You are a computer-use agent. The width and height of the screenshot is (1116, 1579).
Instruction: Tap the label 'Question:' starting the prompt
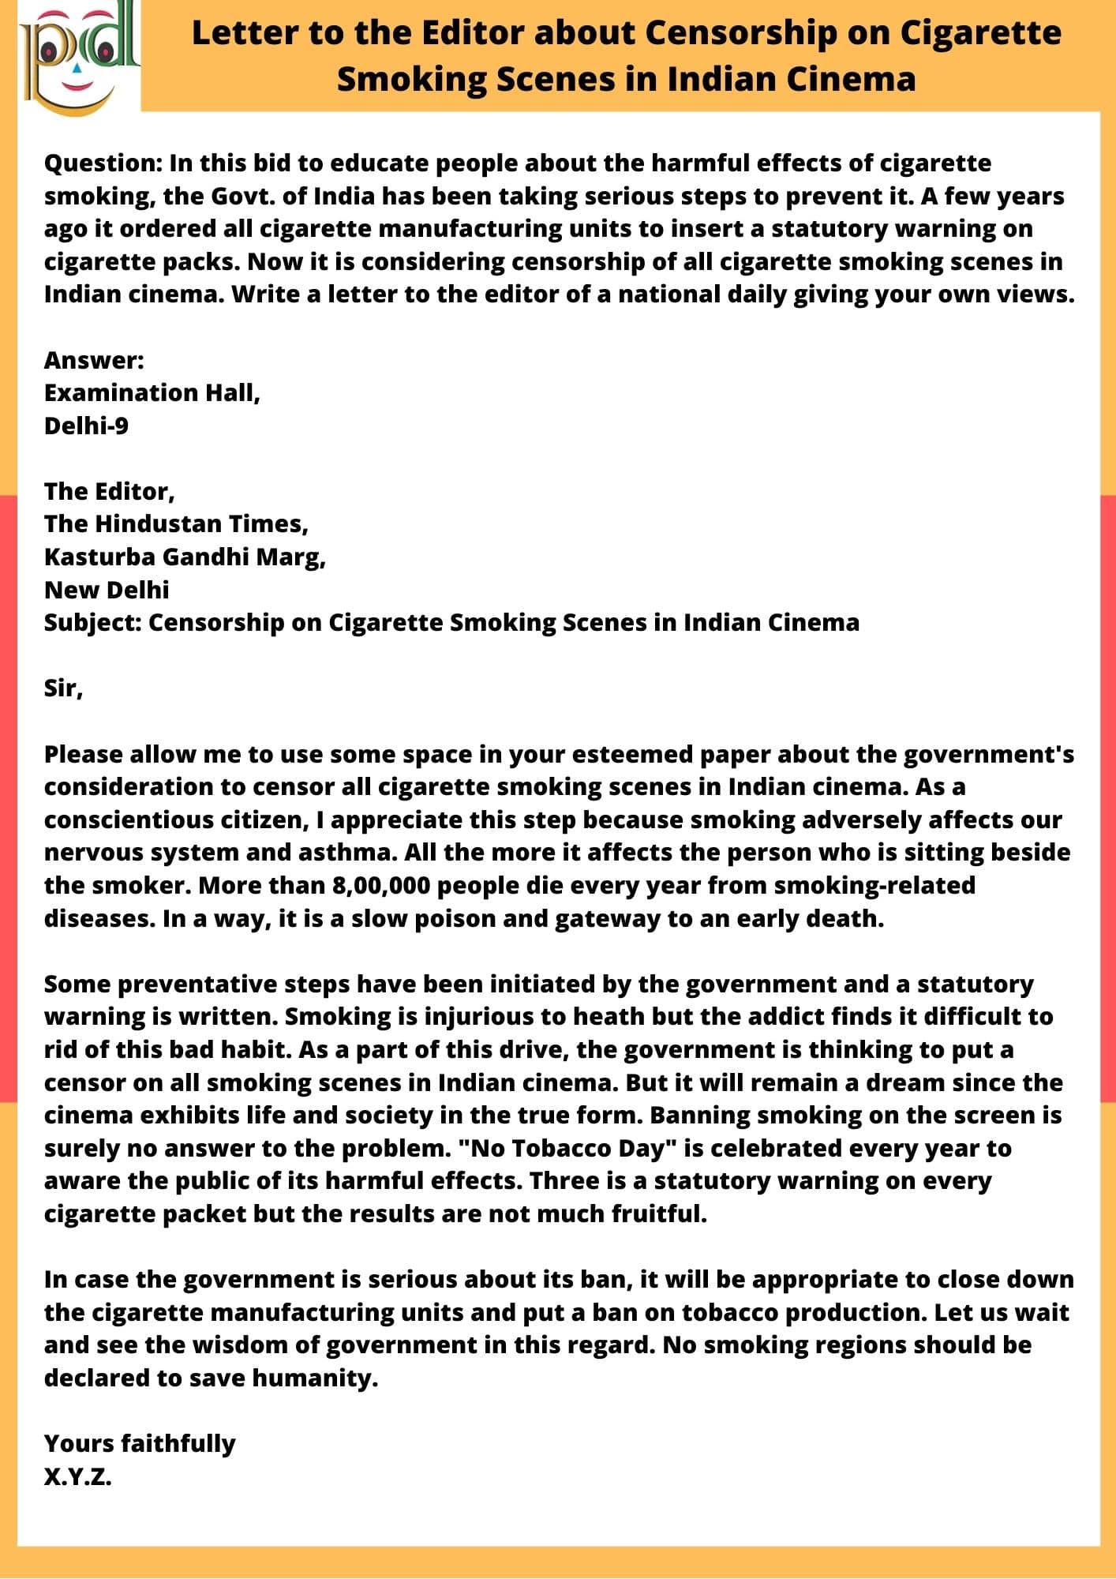pos(103,163)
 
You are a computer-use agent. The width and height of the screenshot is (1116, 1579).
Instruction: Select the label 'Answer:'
pos(94,360)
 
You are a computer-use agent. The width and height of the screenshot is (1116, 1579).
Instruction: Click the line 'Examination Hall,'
pos(152,392)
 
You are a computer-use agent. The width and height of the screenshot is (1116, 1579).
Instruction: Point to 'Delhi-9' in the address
pos(86,426)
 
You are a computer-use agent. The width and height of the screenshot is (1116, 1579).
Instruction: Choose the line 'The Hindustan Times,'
pos(176,523)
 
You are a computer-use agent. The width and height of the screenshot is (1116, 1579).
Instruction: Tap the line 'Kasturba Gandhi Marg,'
pos(185,557)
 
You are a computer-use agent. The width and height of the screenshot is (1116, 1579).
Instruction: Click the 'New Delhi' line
pos(107,590)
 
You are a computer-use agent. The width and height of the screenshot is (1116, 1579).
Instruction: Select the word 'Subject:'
pos(92,622)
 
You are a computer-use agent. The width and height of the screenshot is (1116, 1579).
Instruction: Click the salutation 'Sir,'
pos(63,688)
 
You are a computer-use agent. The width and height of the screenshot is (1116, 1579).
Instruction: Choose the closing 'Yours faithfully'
pos(140,1443)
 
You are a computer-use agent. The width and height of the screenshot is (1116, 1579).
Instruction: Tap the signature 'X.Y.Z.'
pos(77,1476)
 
